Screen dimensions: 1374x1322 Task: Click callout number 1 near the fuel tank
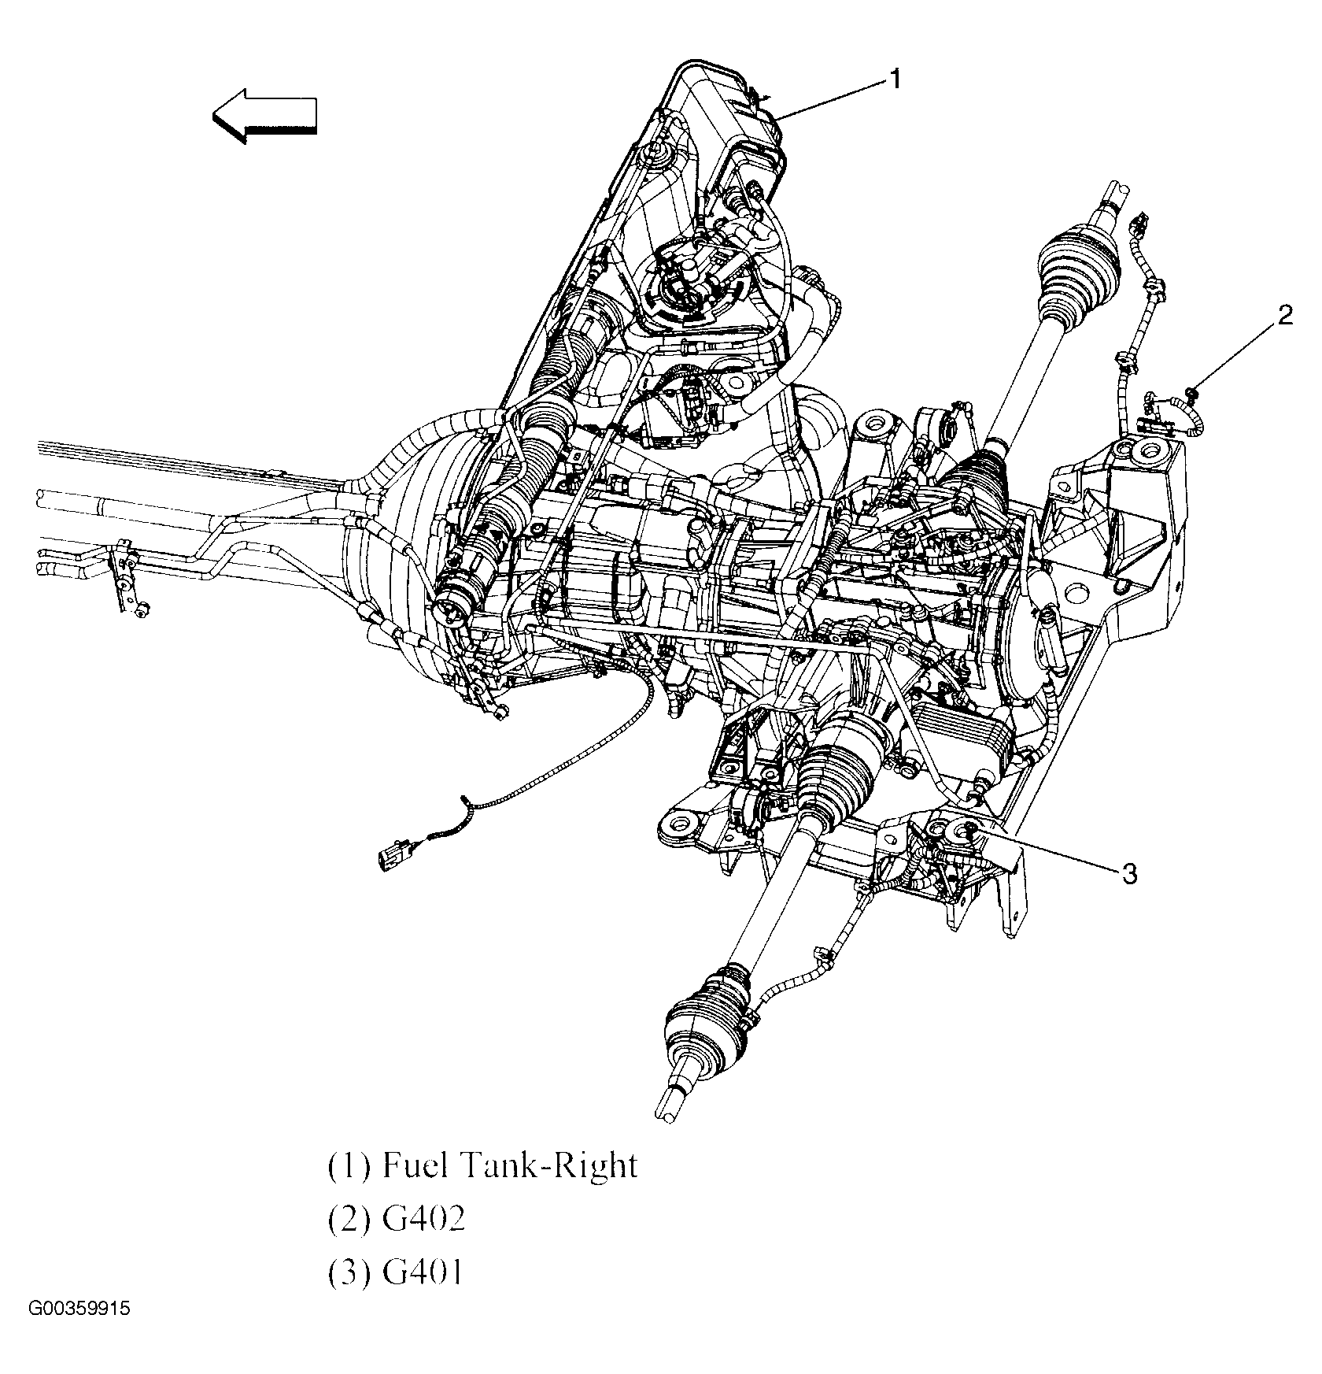[x=895, y=79]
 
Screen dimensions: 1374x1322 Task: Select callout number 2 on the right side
[x=1284, y=316]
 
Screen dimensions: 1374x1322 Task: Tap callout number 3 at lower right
[x=1129, y=873]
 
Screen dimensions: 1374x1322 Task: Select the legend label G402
[x=423, y=1219]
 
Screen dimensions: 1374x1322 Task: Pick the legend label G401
[x=423, y=1272]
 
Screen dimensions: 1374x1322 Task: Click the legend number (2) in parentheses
[x=348, y=1219]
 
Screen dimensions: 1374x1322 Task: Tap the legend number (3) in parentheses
[x=348, y=1272]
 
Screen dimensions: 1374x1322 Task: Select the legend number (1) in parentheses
[x=348, y=1166]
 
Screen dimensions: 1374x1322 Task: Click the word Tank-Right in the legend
[x=559, y=1166]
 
